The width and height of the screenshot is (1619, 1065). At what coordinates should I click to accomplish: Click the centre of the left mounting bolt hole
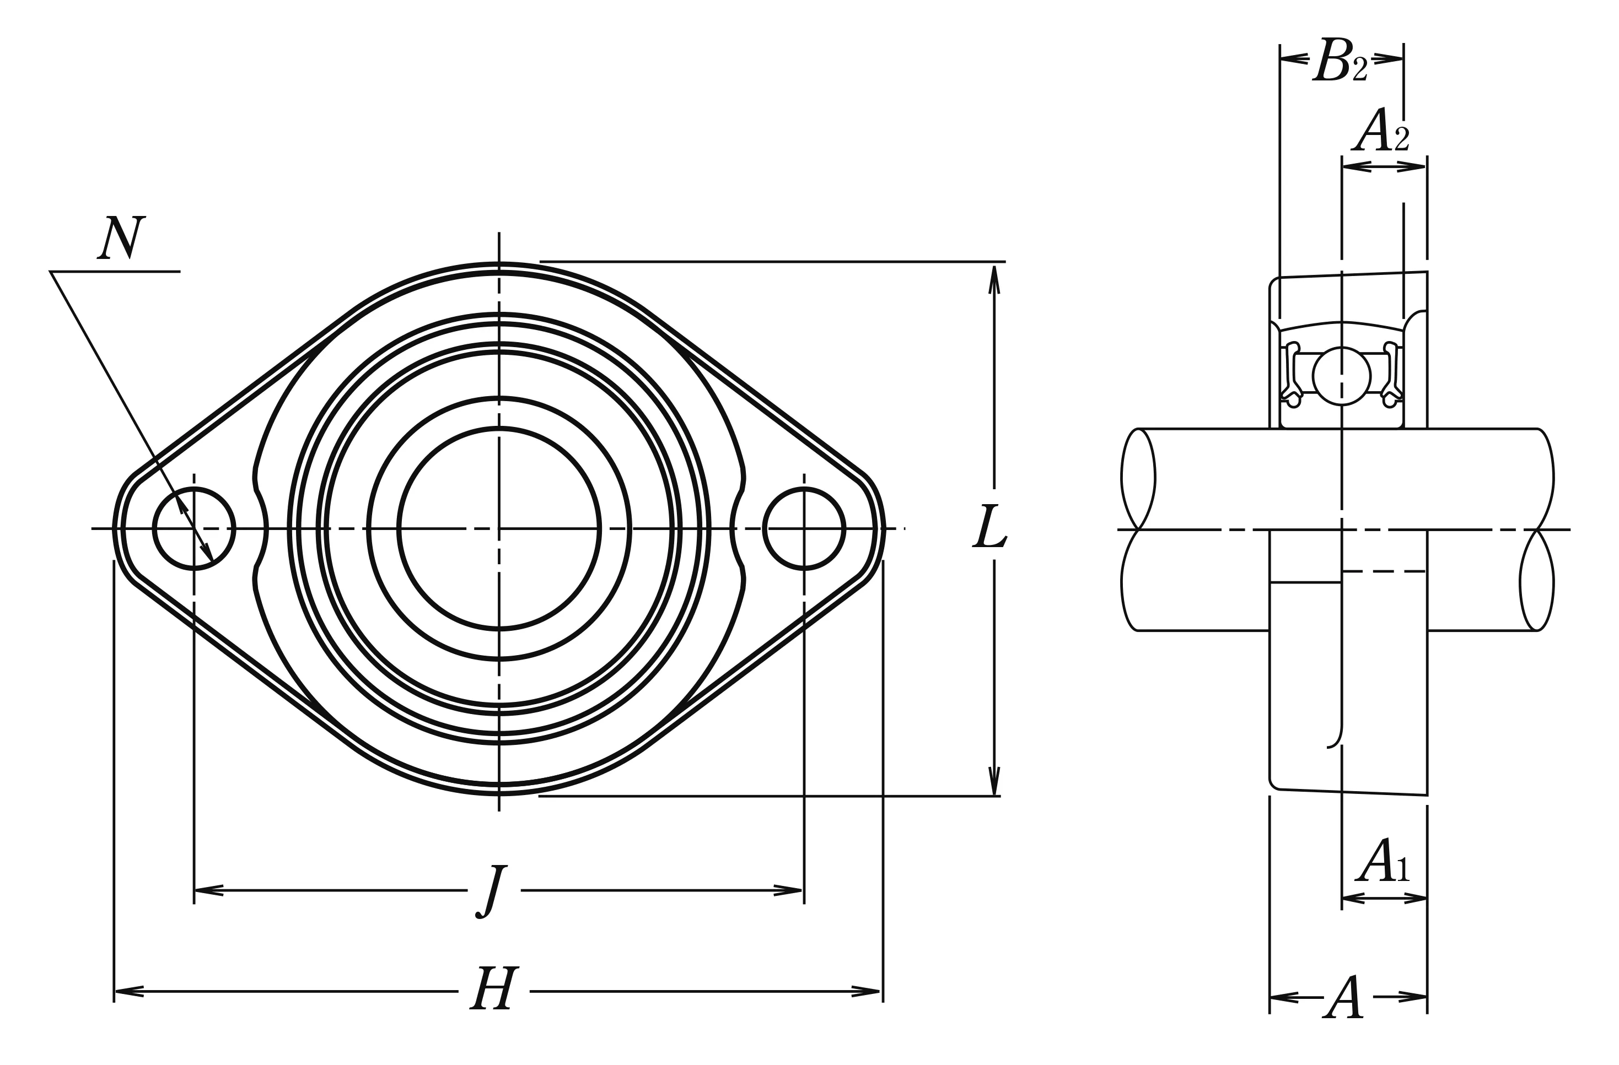195,528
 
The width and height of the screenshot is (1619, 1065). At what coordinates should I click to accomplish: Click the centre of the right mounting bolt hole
804,528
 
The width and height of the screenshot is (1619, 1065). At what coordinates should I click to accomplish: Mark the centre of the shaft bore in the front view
499,528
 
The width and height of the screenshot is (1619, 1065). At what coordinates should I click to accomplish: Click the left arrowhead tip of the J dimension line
195,890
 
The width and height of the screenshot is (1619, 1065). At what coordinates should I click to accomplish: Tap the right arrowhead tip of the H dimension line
881,992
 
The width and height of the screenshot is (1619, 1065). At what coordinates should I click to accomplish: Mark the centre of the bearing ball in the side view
1342,375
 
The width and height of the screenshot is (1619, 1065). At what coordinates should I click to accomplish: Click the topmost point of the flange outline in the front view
499,262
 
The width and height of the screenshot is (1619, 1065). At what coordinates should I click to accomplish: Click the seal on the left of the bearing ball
1291,375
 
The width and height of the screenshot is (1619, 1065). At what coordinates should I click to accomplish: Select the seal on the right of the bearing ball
1392,375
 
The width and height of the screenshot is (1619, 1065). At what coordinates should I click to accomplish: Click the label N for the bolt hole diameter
122,237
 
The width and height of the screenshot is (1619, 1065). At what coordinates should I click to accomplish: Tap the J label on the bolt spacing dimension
492,891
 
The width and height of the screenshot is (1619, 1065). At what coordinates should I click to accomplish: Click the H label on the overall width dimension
494,987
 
